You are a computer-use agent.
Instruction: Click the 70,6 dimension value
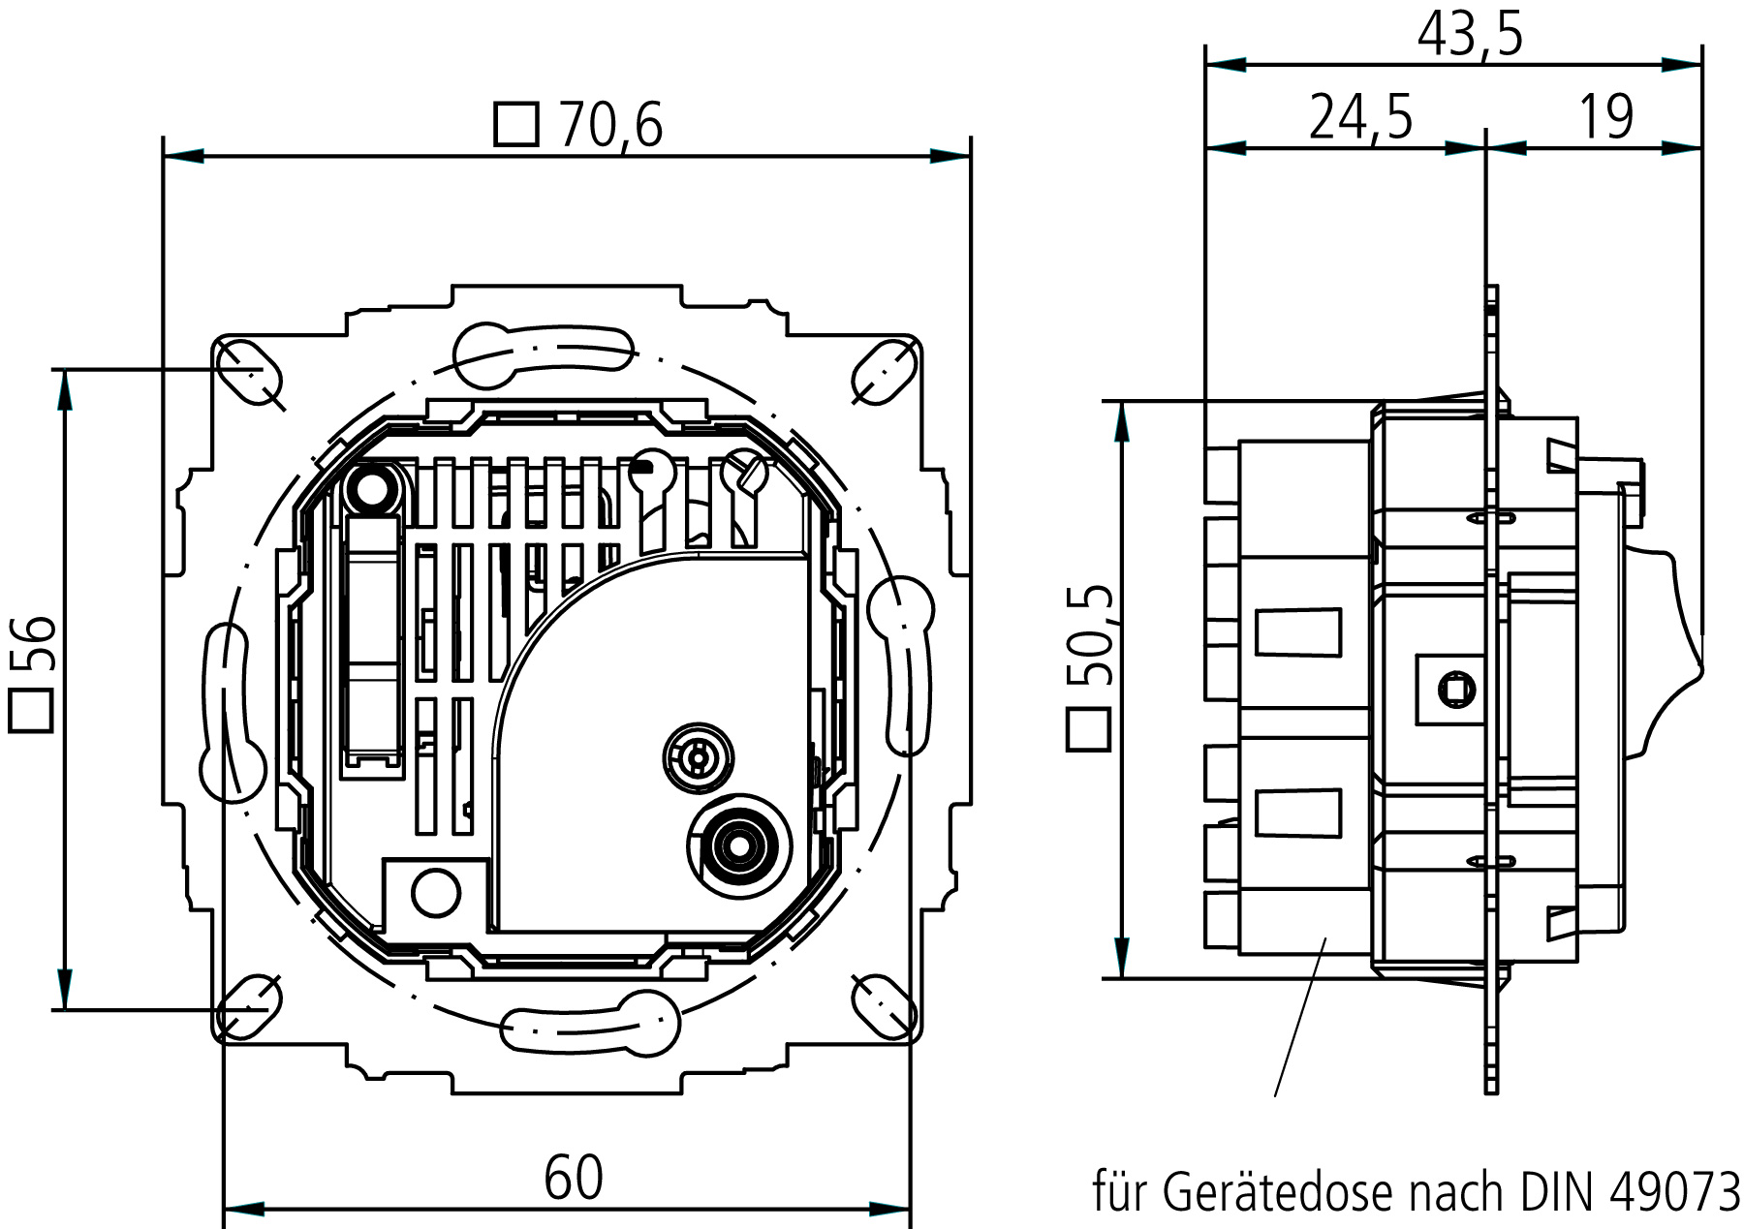(x=610, y=125)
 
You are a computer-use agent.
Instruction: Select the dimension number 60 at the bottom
(x=574, y=1178)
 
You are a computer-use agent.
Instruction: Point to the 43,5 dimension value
(x=1470, y=35)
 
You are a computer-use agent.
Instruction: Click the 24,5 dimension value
(x=1361, y=117)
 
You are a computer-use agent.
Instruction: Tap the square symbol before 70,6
(x=515, y=124)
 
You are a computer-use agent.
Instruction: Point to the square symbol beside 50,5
(x=1088, y=729)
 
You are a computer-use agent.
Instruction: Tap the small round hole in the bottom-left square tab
(x=436, y=892)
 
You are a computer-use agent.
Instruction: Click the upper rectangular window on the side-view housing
(x=1298, y=632)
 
